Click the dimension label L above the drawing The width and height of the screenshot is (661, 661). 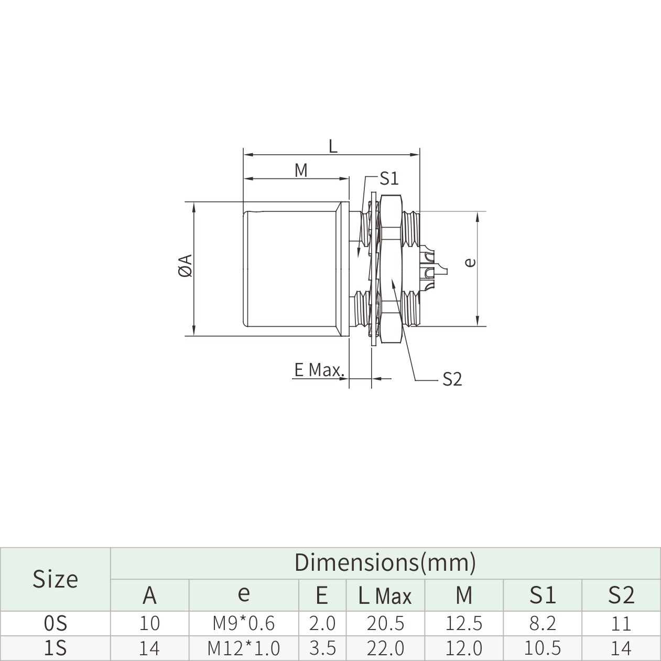tap(333, 146)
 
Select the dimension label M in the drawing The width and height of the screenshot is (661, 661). tap(301, 170)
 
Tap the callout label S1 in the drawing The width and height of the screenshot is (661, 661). tap(389, 179)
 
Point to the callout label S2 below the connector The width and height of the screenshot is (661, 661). tap(452, 379)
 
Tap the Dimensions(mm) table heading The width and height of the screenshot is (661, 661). tap(385, 562)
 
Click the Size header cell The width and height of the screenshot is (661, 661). tap(55, 579)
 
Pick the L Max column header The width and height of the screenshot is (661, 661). tap(385, 595)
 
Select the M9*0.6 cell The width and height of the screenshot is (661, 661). tap(244, 623)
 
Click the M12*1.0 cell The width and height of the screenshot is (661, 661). tap(244, 648)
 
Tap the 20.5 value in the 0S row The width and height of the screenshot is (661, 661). tap(385, 623)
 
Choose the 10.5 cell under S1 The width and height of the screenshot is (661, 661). tap(542, 648)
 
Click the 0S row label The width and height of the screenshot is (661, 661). tap(55, 623)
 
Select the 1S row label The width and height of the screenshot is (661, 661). tap(55, 648)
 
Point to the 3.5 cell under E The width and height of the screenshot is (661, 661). tap(322, 648)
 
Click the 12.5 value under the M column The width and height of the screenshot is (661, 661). tap(463, 623)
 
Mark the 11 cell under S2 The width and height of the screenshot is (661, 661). tap(621, 623)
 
